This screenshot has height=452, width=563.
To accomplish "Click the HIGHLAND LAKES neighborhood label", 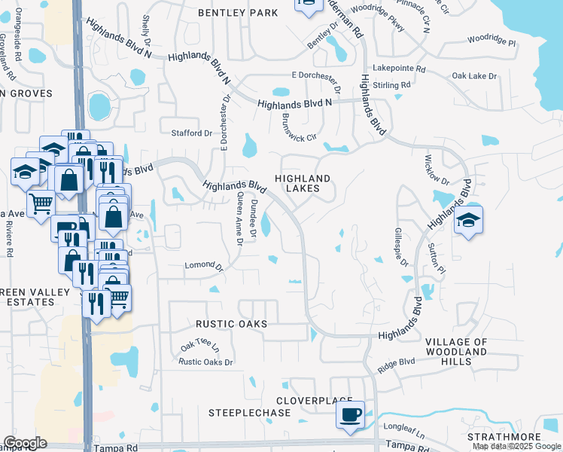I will coord(303,184).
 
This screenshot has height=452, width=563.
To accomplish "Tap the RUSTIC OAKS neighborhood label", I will coord(231,323).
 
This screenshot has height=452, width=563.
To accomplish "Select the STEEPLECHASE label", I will coord(239,413).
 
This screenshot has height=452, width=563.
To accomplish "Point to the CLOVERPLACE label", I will coord(314,400).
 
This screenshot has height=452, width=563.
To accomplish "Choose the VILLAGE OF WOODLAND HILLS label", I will coord(456,352).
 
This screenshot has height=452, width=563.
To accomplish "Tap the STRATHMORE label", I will coord(504,437).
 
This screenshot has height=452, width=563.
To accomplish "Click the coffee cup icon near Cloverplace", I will coord(350,415).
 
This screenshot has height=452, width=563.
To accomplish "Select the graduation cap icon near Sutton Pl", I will coord(468,219).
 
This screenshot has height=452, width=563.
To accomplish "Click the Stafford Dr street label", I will coord(192,133).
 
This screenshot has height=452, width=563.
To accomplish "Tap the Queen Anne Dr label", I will coord(239,218).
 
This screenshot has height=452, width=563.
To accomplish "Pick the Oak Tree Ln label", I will coord(199,347).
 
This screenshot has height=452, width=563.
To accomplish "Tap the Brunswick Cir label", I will coord(297,128).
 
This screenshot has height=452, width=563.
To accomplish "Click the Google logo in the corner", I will coord(25,443).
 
